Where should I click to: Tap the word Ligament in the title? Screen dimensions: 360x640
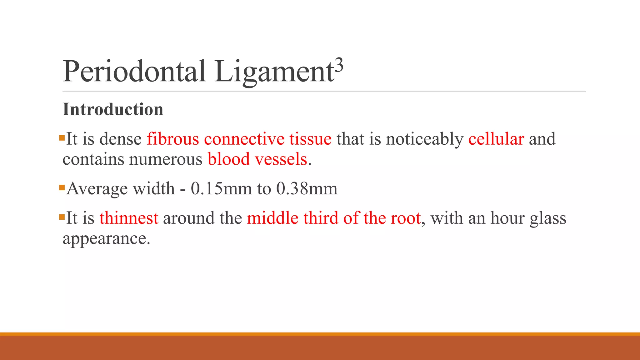[x=274, y=72]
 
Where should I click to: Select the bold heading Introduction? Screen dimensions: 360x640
[x=113, y=109]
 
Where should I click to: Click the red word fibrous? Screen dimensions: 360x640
[x=173, y=139]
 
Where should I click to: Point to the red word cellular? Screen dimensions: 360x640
[x=496, y=139]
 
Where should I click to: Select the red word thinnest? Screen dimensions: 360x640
[x=129, y=218]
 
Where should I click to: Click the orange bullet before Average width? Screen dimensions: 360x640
[x=62, y=188]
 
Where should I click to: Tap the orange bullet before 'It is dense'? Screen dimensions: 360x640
[x=62, y=137]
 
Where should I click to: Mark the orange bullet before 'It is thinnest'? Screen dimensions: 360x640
[x=62, y=217]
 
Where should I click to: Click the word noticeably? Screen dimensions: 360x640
[x=425, y=139]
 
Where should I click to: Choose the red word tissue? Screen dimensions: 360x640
[x=310, y=139]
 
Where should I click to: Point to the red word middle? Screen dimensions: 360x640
[x=272, y=218]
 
